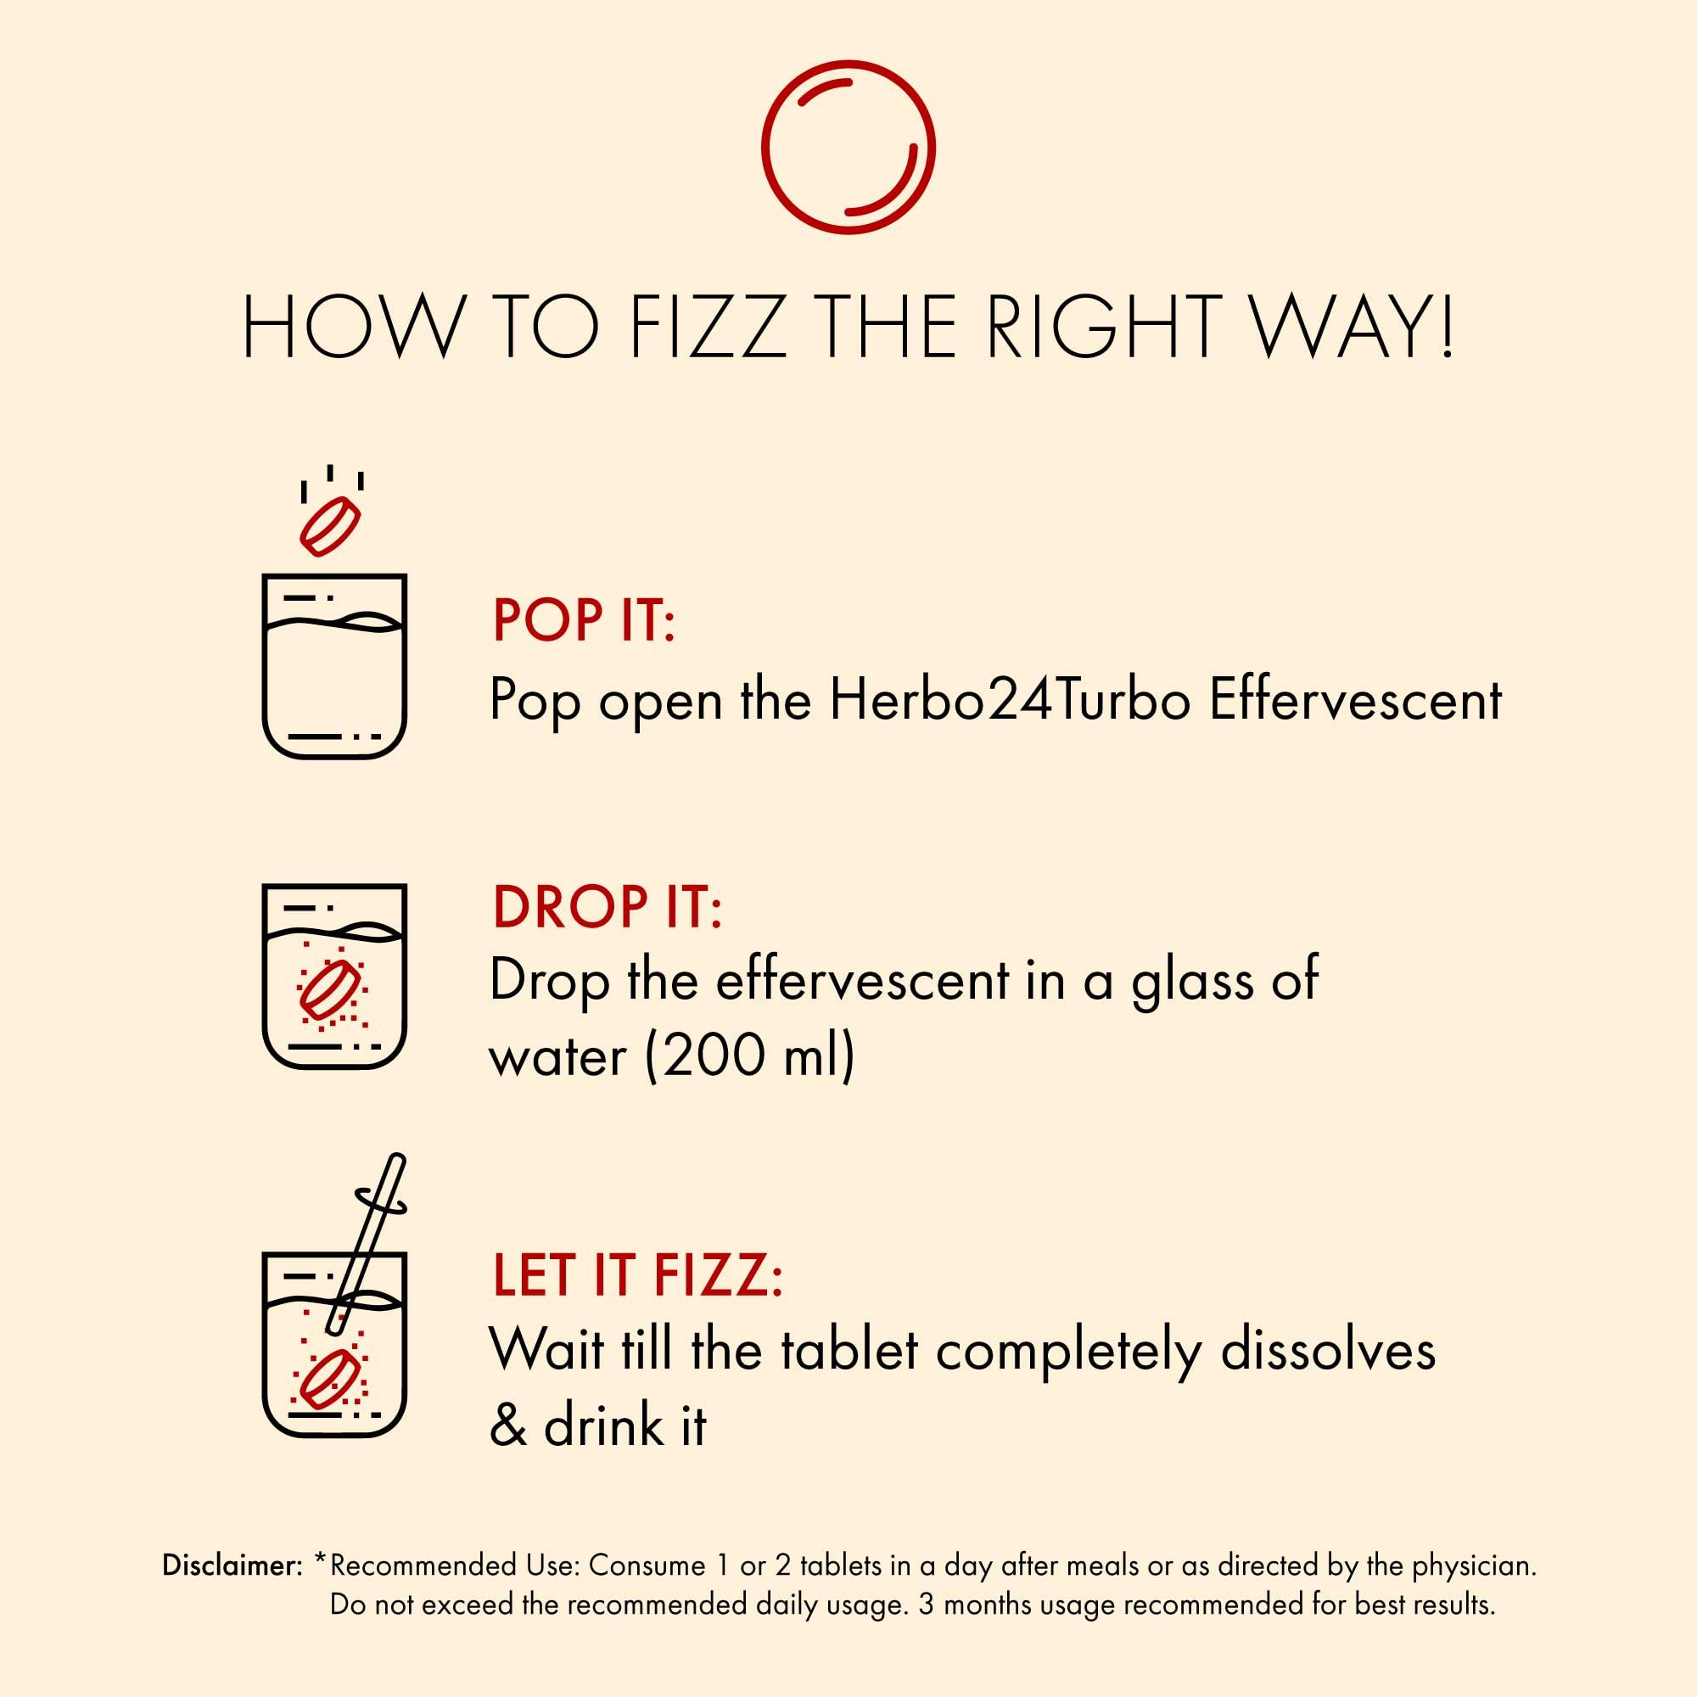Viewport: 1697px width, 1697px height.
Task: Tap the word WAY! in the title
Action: point(1352,326)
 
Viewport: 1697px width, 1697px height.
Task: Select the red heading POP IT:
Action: point(583,619)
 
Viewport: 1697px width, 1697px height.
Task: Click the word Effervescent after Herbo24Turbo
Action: point(1355,700)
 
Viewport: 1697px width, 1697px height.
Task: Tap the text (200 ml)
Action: point(749,1056)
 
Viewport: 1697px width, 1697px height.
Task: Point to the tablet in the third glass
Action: point(330,1377)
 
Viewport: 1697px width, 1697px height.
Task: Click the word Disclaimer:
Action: point(232,1565)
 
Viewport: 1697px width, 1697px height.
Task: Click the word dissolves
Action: point(1328,1349)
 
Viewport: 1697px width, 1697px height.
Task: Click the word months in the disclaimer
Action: point(989,1605)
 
